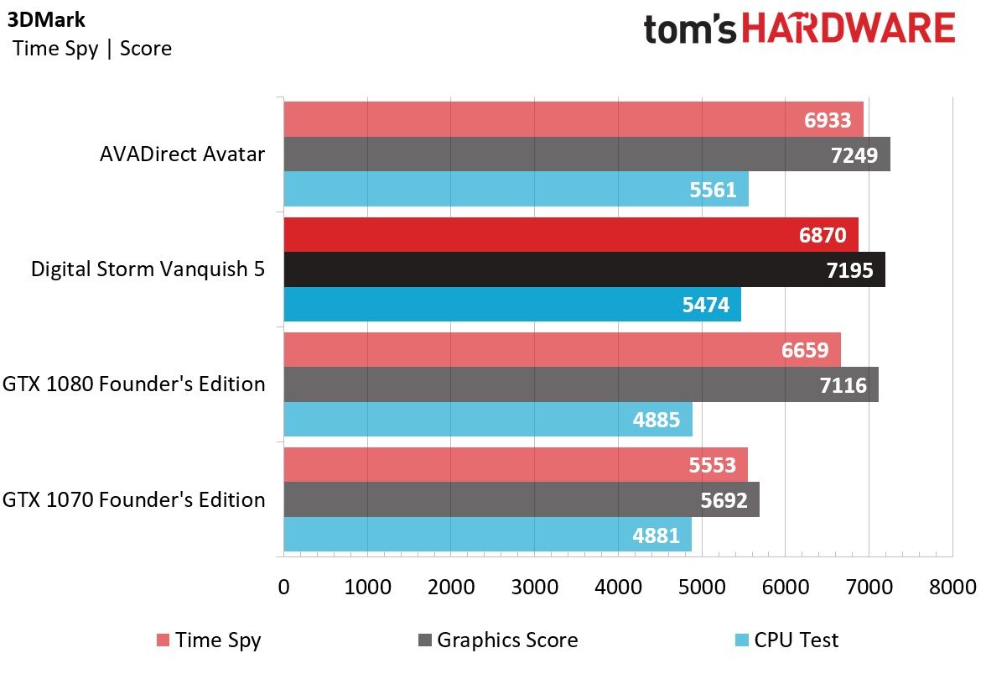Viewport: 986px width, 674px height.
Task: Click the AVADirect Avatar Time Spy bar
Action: [573, 119]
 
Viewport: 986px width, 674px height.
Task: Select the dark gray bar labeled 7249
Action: [587, 154]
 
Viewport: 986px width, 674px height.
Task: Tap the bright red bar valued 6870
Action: [571, 235]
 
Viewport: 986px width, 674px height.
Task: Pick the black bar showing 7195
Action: [585, 269]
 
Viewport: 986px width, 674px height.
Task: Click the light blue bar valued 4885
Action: [488, 419]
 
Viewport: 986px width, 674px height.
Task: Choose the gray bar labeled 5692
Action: [522, 499]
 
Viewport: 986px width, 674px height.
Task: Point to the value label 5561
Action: [713, 190]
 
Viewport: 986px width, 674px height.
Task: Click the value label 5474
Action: [706, 305]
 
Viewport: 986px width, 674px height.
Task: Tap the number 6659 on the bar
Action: [805, 350]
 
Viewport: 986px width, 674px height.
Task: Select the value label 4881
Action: [656, 536]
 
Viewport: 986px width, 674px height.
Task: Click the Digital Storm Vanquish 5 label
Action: [148, 269]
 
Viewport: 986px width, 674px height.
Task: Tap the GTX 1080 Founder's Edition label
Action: [134, 384]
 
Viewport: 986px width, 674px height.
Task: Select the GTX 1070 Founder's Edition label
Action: [134, 499]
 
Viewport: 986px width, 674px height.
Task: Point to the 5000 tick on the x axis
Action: [702, 588]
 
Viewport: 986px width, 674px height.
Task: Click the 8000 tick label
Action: [952, 588]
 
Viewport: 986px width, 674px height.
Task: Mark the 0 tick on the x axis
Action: [283, 588]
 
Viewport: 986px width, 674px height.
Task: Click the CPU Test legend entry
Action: [786, 640]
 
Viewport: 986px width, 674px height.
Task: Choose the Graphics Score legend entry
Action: [498, 640]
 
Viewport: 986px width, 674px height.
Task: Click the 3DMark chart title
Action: [46, 19]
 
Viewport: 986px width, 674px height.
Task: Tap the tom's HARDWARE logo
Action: [799, 29]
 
